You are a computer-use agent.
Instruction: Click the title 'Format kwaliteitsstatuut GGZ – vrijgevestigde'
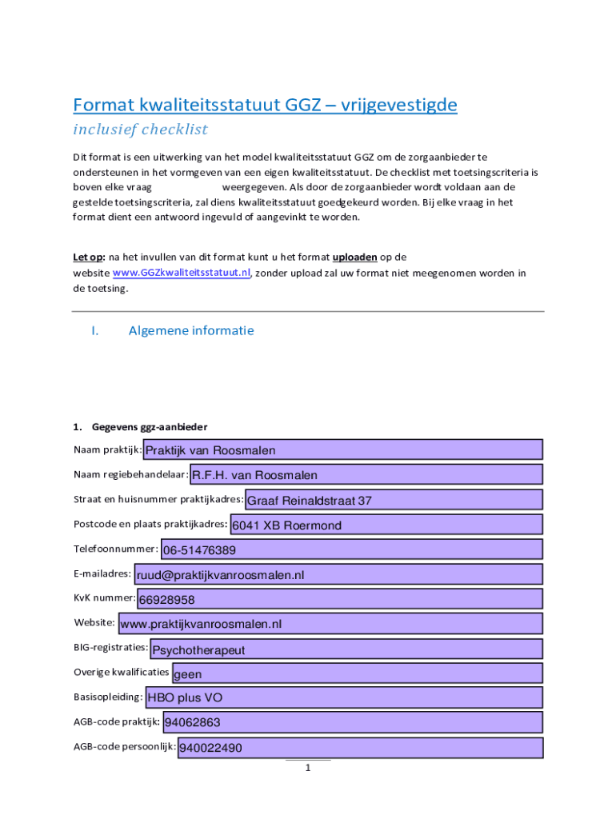tap(265, 105)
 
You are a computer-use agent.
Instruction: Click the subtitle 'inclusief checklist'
tap(140, 130)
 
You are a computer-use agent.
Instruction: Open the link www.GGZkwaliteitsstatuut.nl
tap(182, 273)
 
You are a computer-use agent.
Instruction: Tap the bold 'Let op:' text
tap(89, 257)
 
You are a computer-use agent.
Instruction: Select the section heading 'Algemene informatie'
tap(191, 330)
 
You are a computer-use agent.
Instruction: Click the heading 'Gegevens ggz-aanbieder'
tap(150, 426)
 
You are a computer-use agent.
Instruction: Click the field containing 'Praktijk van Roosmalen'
tap(342, 450)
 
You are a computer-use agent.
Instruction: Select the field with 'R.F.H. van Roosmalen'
tap(366, 475)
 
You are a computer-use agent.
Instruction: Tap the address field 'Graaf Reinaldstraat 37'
tap(394, 501)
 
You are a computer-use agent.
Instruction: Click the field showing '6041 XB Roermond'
tap(386, 525)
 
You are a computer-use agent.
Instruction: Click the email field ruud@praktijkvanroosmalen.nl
tap(338, 574)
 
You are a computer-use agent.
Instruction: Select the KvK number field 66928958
tap(340, 599)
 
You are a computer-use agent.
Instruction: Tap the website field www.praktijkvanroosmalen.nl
tap(330, 623)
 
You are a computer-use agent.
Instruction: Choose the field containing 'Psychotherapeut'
tap(346, 649)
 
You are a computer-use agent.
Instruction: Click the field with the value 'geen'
tap(357, 673)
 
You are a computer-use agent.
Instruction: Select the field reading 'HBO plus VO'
tap(344, 697)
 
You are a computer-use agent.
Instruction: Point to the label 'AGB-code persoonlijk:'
tap(125, 746)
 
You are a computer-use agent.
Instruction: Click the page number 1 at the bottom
tap(307, 769)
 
